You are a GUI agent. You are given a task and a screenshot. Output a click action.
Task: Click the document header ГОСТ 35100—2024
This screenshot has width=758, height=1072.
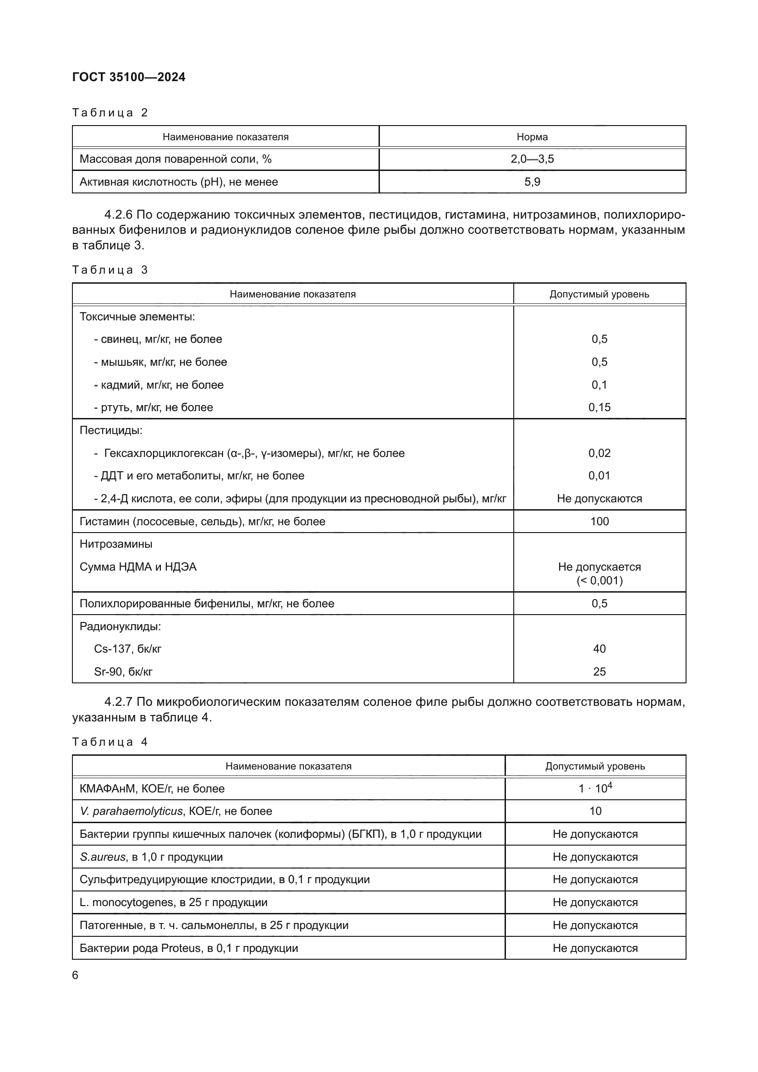tap(129, 77)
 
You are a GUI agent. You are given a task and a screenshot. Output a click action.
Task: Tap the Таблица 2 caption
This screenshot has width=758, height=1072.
tap(110, 113)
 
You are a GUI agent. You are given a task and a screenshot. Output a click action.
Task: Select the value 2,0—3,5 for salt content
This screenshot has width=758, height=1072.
tap(532, 159)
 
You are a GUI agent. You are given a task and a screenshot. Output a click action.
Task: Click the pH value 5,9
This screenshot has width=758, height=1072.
tap(532, 182)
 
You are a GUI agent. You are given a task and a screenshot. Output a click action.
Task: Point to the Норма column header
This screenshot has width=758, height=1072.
tap(532, 137)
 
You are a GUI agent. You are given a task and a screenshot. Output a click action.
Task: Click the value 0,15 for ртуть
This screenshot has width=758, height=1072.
tap(599, 407)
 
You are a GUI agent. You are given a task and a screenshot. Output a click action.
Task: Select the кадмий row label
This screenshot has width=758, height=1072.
tap(159, 385)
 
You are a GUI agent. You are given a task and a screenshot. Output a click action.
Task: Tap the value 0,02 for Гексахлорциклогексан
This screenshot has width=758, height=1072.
tap(599, 453)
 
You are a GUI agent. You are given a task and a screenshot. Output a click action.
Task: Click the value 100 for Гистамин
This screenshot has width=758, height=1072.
tap(599, 522)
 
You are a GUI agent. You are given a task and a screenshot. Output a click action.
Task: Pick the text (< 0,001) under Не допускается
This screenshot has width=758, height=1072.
tap(599, 581)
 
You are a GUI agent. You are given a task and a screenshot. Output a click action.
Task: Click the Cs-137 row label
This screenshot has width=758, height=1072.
tap(127, 649)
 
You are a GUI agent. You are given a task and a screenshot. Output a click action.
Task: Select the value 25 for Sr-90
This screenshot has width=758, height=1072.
tap(599, 672)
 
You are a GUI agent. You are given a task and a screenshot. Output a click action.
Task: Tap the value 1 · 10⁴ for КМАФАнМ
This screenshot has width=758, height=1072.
tap(595, 789)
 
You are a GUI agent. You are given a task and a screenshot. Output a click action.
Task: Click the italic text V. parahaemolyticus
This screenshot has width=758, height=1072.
tap(131, 812)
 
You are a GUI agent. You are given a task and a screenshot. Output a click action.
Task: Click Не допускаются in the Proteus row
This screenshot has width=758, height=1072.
tap(595, 948)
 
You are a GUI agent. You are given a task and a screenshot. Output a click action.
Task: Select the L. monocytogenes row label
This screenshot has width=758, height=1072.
tap(173, 902)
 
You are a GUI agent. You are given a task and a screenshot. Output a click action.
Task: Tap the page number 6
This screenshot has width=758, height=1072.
tap(75, 975)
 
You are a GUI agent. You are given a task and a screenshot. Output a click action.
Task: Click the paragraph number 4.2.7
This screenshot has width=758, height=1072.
tap(119, 702)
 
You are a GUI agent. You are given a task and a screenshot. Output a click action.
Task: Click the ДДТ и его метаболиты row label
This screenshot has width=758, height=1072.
tap(199, 476)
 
